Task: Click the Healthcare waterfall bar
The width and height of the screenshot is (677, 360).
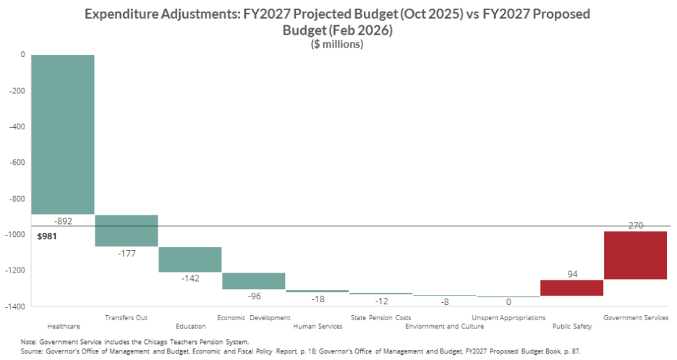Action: click(63, 134)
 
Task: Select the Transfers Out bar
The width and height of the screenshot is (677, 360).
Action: click(127, 231)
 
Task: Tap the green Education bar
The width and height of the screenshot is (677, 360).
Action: click(190, 260)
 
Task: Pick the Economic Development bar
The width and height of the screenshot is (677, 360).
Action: click(253, 280)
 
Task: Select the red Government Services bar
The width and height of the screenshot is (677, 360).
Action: click(635, 255)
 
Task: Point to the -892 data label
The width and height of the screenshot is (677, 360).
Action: click(64, 221)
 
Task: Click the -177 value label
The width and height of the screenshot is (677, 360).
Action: click(127, 253)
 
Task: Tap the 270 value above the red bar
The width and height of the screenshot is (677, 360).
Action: click(635, 226)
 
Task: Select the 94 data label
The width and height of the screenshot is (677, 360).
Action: click(571, 274)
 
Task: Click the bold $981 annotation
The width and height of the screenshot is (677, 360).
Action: click(46, 236)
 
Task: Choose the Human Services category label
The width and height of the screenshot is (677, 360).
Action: click(318, 326)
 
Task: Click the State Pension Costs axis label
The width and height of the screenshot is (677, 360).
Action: click(380, 317)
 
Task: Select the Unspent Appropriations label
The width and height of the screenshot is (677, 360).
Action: click(508, 317)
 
